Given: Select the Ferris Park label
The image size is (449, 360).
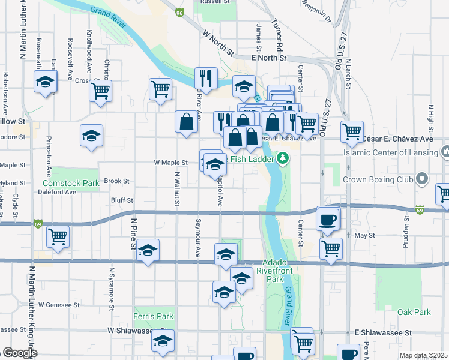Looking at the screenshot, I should pyautogui.click(x=154, y=316).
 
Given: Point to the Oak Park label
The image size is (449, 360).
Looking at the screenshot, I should pyautogui.click(x=414, y=312).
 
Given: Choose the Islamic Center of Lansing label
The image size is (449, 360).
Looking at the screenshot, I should pyautogui.click(x=390, y=152).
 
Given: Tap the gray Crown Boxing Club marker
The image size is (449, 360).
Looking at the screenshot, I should pyautogui.click(x=422, y=179).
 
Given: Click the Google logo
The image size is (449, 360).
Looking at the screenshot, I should pyautogui.click(x=19, y=353).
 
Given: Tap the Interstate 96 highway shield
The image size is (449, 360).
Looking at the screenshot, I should pyautogui.click(x=179, y=11).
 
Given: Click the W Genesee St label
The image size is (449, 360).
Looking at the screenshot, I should pyautogui.click(x=59, y=305).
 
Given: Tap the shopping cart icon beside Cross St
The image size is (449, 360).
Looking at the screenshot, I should pyautogui.click(x=100, y=91).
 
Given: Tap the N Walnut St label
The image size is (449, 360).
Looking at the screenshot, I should pyautogui.click(x=177, y=189).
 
